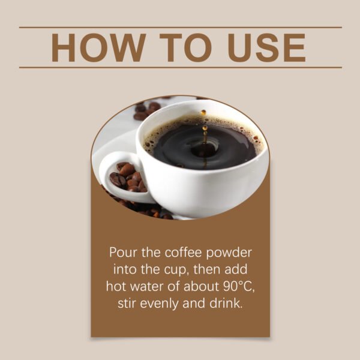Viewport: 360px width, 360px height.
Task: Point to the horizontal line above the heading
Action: pos(180,27)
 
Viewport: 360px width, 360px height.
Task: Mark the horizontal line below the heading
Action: pos(180,67)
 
